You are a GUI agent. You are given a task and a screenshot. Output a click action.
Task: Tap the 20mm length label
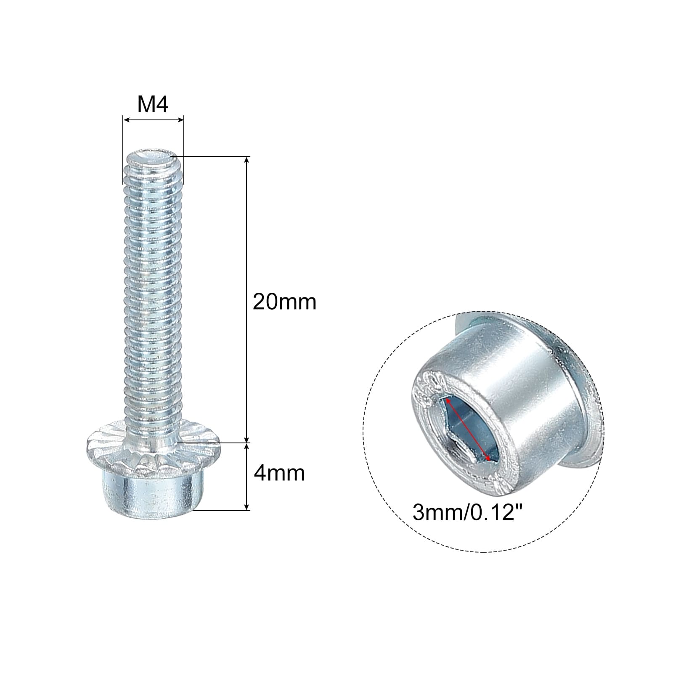(284, 302)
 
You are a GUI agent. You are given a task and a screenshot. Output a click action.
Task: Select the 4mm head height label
(279, 473)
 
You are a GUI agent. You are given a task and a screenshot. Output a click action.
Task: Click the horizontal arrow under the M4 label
(153, 120)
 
